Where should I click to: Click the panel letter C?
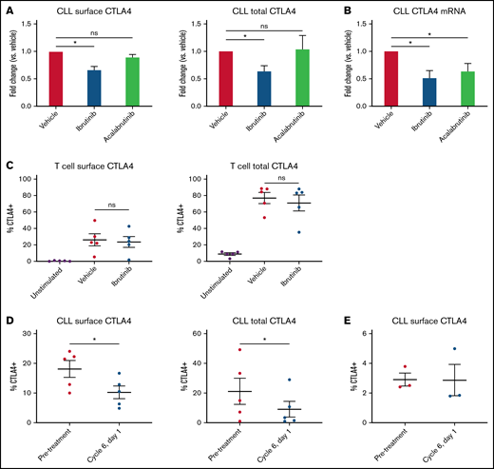coord(10,166)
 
